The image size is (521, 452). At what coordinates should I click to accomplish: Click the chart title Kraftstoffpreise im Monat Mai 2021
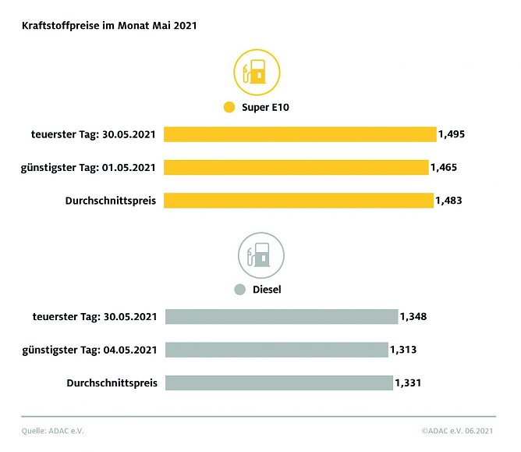tap(109, 26)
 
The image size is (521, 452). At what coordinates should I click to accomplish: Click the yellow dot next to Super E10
tap(229, 107)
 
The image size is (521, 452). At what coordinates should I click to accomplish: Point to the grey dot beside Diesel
tap(240, 290)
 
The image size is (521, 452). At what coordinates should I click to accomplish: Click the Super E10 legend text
tap(265, 107)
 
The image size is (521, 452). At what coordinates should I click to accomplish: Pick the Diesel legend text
tap(267, 290)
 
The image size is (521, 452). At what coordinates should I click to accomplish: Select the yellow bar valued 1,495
tap(300, 134)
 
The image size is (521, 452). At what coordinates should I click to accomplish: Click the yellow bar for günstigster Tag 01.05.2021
tap(296, 167)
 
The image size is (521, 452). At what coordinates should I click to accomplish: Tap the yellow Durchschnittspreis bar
tap(299, 201)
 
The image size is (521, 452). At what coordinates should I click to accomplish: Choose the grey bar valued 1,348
tap(282, 316)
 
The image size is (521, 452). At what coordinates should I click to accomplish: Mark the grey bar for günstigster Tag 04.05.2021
tap(276, 349)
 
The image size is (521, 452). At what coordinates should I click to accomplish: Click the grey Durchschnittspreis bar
tap(279, 383)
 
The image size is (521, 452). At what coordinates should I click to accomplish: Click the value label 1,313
tap(403, 349)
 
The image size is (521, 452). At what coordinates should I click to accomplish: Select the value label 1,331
tap(409, 383)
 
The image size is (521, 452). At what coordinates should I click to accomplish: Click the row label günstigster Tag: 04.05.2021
tap(90, 349)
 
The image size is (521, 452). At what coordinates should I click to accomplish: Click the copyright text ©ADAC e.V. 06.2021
tap(458, 430)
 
